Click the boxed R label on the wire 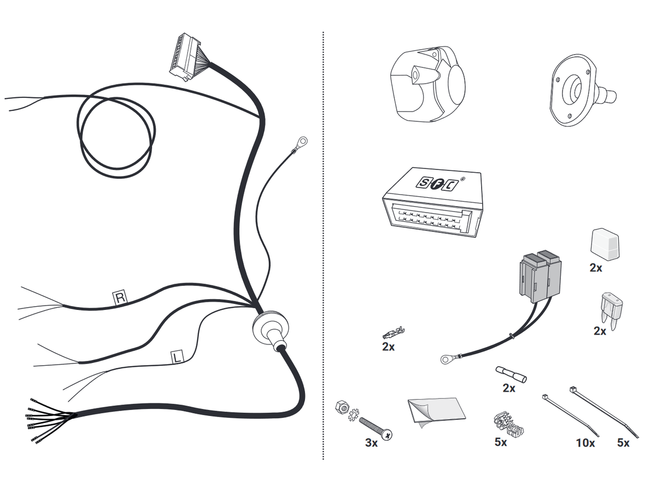(x=120, y=298)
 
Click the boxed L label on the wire (x=177, y=358)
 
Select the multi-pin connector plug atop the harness (x=181, y=56)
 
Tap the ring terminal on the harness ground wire (x=300, y=143)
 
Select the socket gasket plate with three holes (x=572, y=90)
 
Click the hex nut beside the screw (x=342, y=406)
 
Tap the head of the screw (x=388, y=435)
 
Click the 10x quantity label (x=584, y=443)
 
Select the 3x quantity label (x=371, y=443)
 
